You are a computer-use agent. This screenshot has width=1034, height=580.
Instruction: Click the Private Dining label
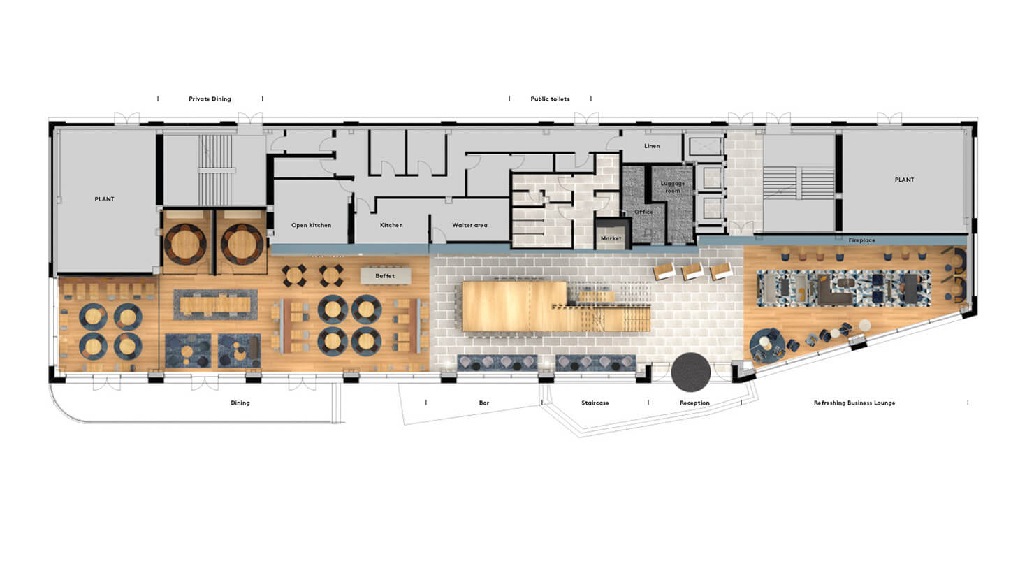tap(210, 99)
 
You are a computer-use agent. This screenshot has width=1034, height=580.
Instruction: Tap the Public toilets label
tap(550, 99)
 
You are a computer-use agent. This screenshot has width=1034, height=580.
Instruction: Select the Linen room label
tap(652, 146)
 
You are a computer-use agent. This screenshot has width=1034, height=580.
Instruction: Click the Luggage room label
tap(673, 187)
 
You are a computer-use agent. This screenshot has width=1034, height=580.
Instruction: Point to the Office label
tap(643, 212)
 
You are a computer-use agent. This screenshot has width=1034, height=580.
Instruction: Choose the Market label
tap(611, 238)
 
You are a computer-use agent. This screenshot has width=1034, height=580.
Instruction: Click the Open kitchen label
tap(311, 225)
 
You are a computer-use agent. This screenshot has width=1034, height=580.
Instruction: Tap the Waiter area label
tap(469, 225)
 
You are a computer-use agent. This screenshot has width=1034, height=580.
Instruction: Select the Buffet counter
tap(385, 276)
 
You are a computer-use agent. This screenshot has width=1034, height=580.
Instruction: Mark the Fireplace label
tap(861, 240)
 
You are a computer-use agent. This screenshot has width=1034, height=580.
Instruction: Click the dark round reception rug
tap(691, 372)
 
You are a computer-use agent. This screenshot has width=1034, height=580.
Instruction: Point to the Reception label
tap(694, 403)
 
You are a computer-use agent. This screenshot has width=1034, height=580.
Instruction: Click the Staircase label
tap(595, 403)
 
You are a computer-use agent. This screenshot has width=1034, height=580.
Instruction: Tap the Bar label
tap(484, 403)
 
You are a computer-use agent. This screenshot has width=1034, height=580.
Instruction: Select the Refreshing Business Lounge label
tap(854, 403)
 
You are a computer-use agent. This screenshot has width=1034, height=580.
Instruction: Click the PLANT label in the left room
tap(104, 199)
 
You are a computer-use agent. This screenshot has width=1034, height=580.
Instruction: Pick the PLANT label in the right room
tap(904, 180)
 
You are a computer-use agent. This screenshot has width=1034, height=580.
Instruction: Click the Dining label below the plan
tap(240, 403)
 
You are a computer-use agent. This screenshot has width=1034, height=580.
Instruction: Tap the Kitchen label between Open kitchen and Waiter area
tap(391, 225)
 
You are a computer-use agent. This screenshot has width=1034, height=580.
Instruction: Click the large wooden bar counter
tap(514, 306)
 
